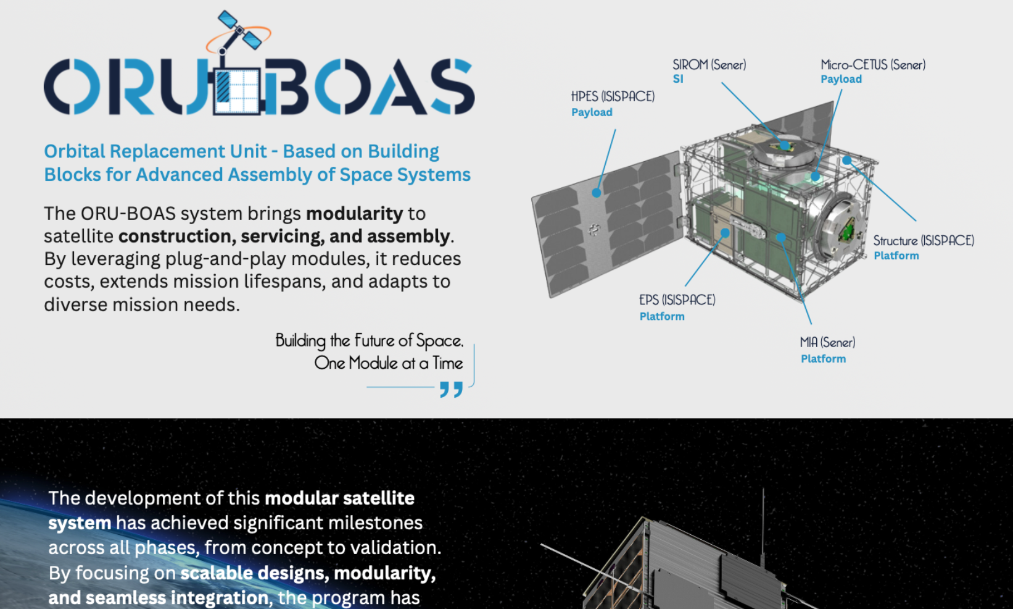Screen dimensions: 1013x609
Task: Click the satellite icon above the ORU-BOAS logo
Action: [x=239, y=31]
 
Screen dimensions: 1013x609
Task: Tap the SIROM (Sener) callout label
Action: [x=709, y=65]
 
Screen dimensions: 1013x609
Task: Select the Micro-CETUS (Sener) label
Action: [x=873, y=65]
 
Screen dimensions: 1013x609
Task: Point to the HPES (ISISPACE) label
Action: [x=613, y=96]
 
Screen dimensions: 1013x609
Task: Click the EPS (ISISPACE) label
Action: [x=677, y=300]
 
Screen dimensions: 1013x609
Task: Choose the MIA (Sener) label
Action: [x=827, y=343]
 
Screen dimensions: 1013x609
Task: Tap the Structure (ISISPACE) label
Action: [x=924, y=240]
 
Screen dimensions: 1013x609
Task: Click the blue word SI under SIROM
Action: [x=678, y=79]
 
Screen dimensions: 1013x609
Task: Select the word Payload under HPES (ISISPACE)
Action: [x=592, y=112]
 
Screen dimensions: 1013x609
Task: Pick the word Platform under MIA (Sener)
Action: [x=823, y=359]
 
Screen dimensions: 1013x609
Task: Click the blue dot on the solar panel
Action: [x=597, y=193]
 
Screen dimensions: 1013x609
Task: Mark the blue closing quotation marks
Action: [x=452, y=389]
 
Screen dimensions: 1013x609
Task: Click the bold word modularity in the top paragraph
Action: [x=354, y=213]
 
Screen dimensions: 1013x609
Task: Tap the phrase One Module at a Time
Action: [x=389, y=363]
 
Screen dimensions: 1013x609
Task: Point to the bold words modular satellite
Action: [x=340, y=498]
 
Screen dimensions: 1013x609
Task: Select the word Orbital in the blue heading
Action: [x=75, y=151]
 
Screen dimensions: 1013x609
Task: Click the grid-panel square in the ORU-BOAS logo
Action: [x=236, y=91]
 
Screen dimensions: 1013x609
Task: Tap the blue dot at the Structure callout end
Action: [x=847, y=161]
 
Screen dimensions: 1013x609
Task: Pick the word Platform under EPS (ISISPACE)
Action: [x=662, y=316]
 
